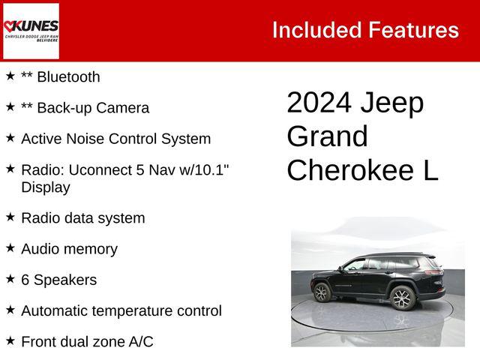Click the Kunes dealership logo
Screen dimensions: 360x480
[x=31, y=30]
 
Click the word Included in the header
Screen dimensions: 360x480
[x=315, y=30]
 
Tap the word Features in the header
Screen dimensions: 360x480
[x=413, y=30]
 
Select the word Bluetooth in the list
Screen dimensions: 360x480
[x=68, y=76]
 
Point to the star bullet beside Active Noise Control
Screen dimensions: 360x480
[x=10, y=138]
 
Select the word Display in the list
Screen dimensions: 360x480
[x=46, y=187]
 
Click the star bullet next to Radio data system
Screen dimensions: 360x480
[x=10, y=217]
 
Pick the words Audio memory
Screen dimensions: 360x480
[x=69, y=249]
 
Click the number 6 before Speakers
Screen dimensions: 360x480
[x=25, y=280]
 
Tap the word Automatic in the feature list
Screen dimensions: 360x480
[x=58, y=310]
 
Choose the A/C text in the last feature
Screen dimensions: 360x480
[x=139, y=341]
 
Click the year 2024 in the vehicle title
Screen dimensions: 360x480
[x=318, y=103]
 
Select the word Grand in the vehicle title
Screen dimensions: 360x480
[x=327, y=137]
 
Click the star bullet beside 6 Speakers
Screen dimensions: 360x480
[x=10, y=279]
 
